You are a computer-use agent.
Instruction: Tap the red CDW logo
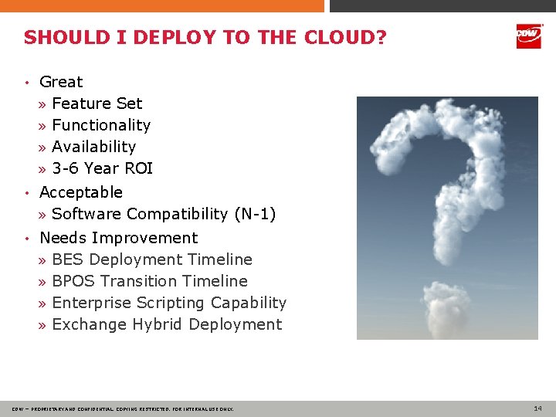pyautogui.click(x=528, y=36)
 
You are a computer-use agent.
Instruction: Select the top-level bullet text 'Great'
pyautogui.click(x=61, y=82)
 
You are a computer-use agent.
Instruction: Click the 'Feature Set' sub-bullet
pyautogui.click(x=97, y=103)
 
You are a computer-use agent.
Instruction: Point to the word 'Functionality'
pyautogui.click(x=101, y=125)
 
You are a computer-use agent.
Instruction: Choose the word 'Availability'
pyautogui.click(x=93, y=147)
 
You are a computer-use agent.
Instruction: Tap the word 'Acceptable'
pyautogui.click(x=81, y=192)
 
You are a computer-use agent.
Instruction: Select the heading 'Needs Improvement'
pyautogui.click(x=118, y=238)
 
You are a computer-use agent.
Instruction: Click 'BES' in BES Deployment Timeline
pyautogui.click(x=68, y=259)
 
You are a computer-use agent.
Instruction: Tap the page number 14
pyautogui.click(x=537, y=408)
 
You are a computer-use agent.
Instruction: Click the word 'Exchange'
pyautogui.click(x=89, y=324)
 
